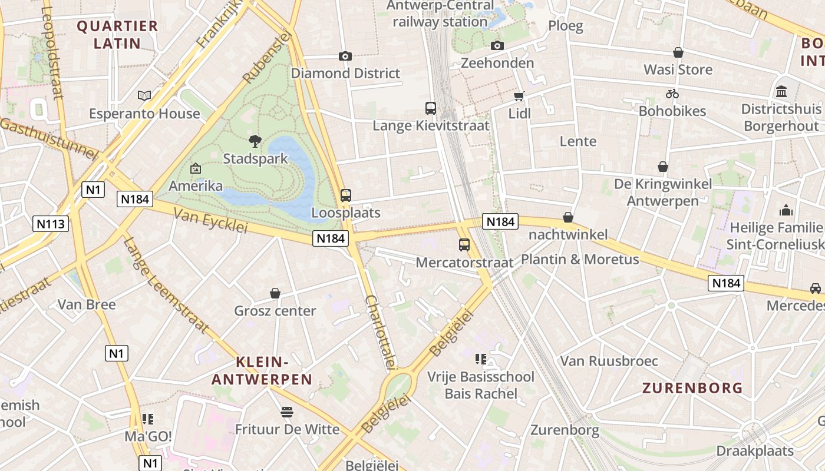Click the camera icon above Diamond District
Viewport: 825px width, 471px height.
point(345,56)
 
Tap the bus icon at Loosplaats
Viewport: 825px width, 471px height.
point(346,195)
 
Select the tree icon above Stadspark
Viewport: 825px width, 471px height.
point(255,141)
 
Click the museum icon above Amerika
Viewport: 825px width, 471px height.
point(196,169)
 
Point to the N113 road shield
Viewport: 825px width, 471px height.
point(52,224)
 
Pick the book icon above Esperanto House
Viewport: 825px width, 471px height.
point(144,95)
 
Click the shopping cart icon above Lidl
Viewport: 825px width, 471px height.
point(519,96)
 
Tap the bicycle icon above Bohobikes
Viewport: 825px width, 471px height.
point(672,94)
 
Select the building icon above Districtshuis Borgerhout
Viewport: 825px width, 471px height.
point(782,91)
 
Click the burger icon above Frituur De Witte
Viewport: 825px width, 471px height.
point(287,412)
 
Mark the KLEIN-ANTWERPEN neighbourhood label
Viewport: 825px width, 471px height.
point(262,370)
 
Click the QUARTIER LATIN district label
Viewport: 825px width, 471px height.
point(117,35)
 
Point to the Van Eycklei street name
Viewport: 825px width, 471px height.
point(210,222)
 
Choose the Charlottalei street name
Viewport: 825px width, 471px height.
point(380,331)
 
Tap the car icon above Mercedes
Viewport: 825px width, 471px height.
point(815,288)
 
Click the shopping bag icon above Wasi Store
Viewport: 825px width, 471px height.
point(678,52)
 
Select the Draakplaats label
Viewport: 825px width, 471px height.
point(755,451)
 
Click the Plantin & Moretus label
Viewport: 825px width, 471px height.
point(580,259)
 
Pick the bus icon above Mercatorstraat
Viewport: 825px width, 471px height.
point(464,245)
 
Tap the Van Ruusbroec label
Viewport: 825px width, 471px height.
point(609,361)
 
